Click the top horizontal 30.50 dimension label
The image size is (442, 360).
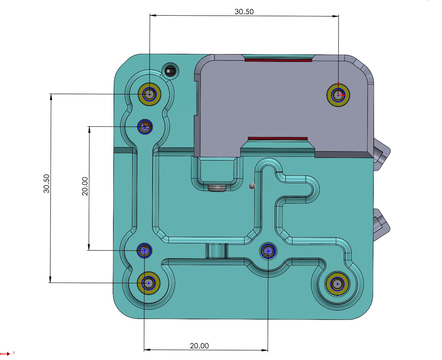[244, 12]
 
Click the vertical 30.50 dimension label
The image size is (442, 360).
[46, 183]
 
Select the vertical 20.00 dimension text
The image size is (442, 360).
[85, 186]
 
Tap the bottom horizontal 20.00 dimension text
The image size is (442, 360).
[199, 345]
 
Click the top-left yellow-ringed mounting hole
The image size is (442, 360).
[149, 94]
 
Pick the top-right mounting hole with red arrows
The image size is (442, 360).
[338, 95]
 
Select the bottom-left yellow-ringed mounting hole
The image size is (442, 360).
[148, 283]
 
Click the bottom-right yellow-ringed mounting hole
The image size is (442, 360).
[337, 284]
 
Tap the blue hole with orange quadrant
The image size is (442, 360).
[145, 127]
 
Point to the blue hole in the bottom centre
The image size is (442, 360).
[268, 251]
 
